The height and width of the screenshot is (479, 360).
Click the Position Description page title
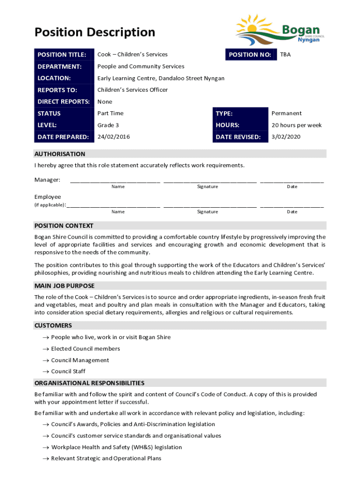tap(94, 32)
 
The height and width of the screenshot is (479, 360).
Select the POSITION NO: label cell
tap(250, 55)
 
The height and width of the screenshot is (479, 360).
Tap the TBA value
tap(285, 55)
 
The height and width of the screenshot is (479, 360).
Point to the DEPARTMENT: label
tap(59, 66)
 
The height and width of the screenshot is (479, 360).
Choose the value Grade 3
tap(108, 125)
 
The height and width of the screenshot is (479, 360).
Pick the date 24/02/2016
tap(114, 137)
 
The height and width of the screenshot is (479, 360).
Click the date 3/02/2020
tap(286, 137)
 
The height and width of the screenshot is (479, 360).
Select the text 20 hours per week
tap(296, 125)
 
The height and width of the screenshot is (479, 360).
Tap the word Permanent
tap(286, 113)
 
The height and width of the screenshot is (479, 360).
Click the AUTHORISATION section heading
tap(60, 154)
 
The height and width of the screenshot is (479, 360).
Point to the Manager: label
tap(47, 180)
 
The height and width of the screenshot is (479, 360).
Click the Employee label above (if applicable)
tap(48, 197)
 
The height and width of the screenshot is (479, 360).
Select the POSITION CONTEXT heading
tap(64, 225)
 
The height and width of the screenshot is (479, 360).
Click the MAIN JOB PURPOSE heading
tap(65, 286)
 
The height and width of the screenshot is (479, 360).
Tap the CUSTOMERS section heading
tap(53, 326)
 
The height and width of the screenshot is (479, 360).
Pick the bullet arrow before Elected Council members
tap(46, 349)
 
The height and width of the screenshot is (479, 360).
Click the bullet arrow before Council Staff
tap(46, 371)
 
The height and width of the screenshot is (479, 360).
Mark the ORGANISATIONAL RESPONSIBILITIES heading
tap(89, 383)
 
